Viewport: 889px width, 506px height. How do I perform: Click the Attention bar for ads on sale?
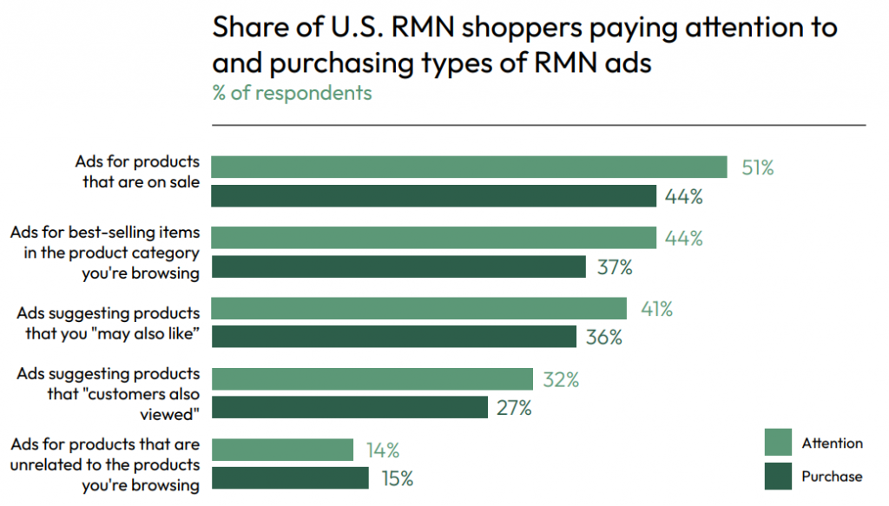(469, 167)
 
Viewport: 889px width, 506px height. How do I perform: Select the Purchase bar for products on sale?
(433, 196)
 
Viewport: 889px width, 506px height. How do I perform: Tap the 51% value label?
(757, 168)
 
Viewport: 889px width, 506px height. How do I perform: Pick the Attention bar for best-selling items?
(433, 238)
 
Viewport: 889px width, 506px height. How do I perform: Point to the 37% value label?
(614, 267)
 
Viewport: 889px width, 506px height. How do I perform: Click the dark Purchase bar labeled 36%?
(393, 337)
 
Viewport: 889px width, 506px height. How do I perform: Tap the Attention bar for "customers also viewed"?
(372, 379)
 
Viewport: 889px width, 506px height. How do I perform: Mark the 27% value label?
(514, 408)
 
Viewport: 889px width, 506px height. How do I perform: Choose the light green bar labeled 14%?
(282, 450)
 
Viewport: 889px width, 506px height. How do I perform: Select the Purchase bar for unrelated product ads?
(290, 478)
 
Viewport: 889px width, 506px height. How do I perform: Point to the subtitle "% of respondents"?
(292, 93)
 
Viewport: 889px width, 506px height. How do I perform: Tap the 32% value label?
(560, 379)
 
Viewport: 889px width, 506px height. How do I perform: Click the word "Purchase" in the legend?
(832, 476)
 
